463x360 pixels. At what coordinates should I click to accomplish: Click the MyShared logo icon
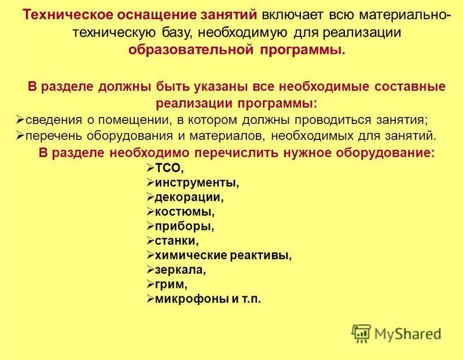(361, 333)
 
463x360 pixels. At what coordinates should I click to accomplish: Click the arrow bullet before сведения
(19, 120)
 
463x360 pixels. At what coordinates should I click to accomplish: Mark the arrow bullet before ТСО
(149, 168)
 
